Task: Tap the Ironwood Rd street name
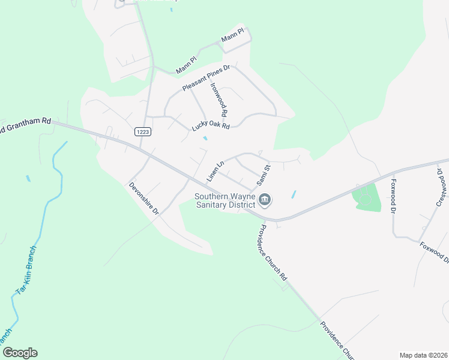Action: coord(218,99)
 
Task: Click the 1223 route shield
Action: coord(142,131)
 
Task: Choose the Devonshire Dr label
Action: coord(143,199)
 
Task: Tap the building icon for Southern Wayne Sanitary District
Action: coord(265,199)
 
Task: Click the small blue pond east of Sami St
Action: coord(293,194)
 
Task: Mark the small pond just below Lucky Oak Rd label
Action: coord(205,139)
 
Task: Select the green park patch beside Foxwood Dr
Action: coord(367,197)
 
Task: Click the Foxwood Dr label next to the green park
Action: coord(394,196)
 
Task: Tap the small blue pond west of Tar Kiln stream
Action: coord(28,178)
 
